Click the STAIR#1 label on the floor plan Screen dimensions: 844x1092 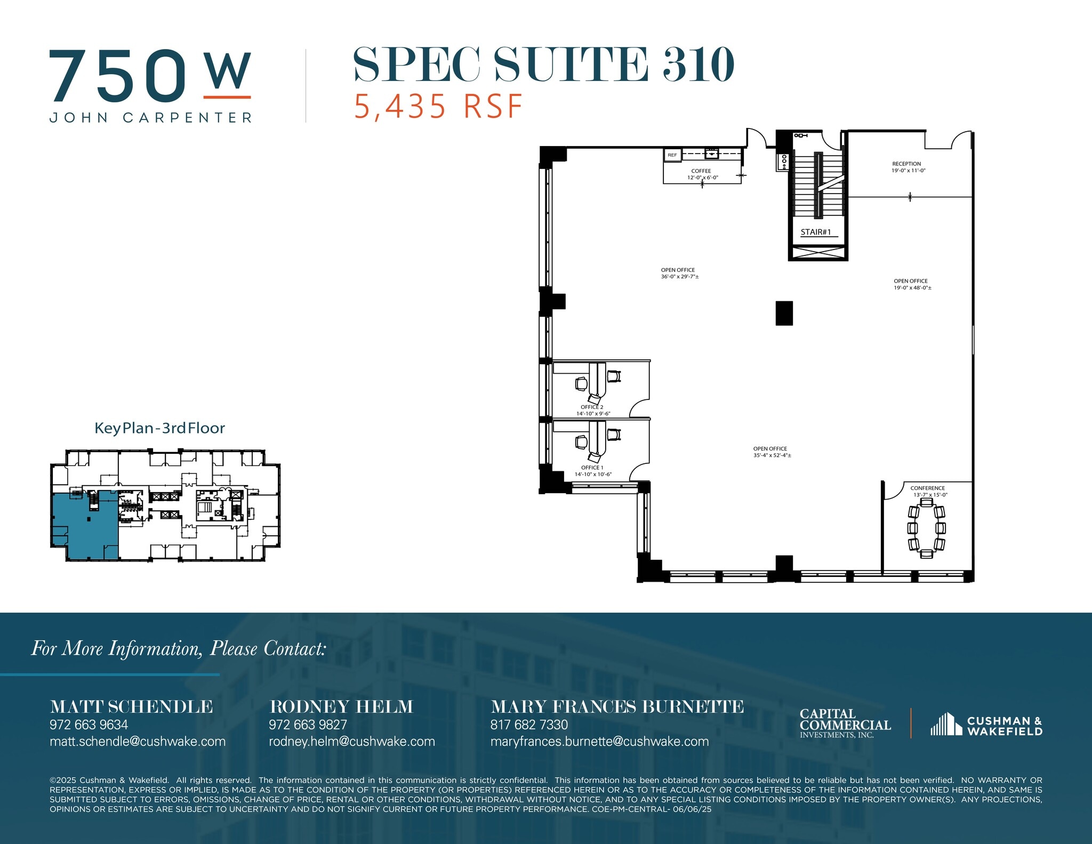point(815,232)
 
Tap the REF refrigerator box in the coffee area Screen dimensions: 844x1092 point(672,155)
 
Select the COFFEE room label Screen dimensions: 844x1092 point(701,171)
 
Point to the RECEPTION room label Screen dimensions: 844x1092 point(906,164)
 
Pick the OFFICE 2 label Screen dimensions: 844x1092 point(592,407)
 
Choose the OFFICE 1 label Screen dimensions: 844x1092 point(592,468)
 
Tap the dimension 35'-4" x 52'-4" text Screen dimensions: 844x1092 point(772,456)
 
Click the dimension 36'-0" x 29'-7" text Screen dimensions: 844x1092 point(680,277)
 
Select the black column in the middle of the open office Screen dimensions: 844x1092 point(784,313)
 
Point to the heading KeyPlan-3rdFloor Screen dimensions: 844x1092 point(159,428)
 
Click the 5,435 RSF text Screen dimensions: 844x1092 point(438,106)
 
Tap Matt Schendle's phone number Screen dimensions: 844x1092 point(89,725)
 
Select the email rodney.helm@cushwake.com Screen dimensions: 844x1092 point(351,741)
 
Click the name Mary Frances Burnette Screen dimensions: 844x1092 point(616,706)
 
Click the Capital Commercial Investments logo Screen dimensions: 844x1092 point(845,723)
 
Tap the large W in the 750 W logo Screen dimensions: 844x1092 point(228,71)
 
